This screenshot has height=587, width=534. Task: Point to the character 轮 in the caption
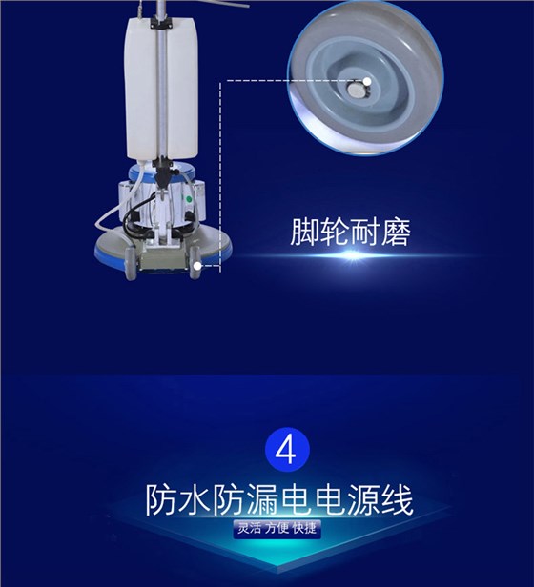pos(335,234)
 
